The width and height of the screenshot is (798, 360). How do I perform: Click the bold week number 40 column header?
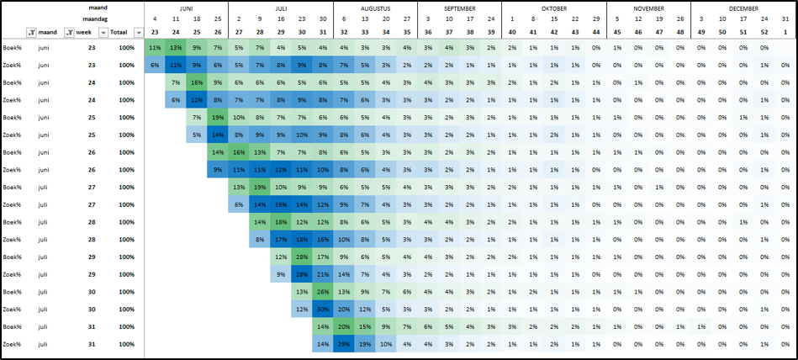[512, 32]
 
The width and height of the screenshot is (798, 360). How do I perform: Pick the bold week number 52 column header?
[764, 32]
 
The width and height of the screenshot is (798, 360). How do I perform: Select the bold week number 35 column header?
[407, 32]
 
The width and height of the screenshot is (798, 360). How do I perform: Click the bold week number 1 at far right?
[785, 32]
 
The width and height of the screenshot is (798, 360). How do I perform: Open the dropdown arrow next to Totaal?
[138, 32]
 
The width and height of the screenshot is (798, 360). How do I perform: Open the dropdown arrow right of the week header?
[103, 32]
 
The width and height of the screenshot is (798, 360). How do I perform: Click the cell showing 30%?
[323, 309]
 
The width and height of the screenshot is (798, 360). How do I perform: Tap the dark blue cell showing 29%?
[344, 344]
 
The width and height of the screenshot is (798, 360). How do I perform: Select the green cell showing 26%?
[323, 291]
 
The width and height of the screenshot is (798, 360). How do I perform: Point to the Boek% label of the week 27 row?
[12, 186]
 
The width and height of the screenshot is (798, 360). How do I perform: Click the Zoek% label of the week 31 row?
[12, 344]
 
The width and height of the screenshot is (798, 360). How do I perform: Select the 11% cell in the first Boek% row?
[155, 47]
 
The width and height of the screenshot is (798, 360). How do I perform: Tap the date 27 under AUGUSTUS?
[407, 19]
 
